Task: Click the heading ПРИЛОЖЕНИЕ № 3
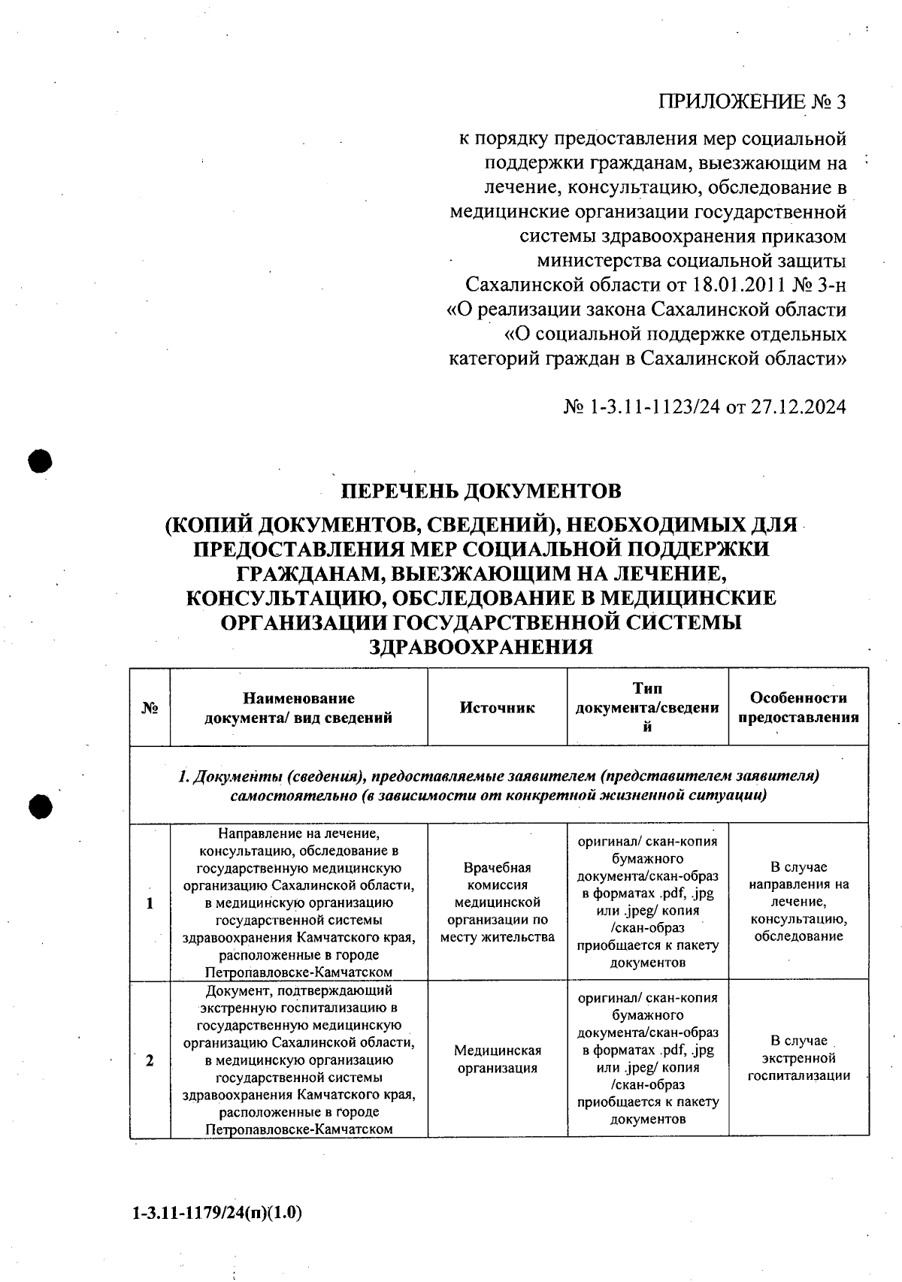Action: pos(752,102)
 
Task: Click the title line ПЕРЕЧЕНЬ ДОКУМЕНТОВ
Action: pos(481,491)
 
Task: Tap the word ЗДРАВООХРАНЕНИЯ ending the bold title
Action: pos(481,646)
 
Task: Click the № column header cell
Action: pos(150,708)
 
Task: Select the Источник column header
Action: pos(497,708)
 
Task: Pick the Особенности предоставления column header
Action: pos(798,708)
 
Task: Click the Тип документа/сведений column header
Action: pos(647,708)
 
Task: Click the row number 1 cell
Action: pos(150,903)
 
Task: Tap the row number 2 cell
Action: pos(150,1060)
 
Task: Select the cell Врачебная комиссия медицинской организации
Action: pos(497,902)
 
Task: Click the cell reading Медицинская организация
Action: pos(497,1059)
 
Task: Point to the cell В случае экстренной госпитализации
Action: pos(798,1058)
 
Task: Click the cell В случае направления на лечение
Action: pos(798,902)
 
